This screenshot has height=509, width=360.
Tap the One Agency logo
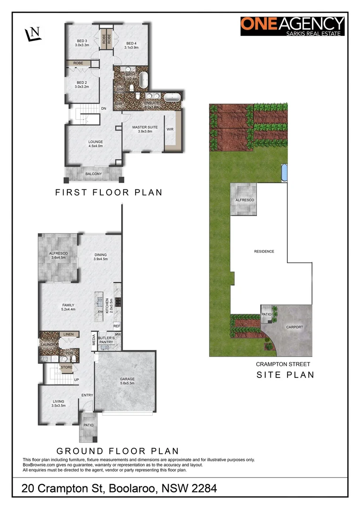pyautogui.click(x=293, y=26)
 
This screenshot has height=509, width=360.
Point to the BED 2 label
pyautogui.click(x=82, y=84)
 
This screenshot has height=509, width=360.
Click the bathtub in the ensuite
pyautogui.click(x=172, y=98)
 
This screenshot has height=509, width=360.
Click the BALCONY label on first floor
pyautogui.click(x=93, y=174)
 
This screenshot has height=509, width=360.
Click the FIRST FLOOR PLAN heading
pyautogui.click(x=109, y=192)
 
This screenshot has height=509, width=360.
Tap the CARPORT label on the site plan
pyautogui.click(x=295, y=327)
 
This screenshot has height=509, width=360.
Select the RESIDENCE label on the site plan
pyautogui.click(x=264, y=251)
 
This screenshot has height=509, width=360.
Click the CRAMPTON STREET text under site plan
pyautogui.click(x=283, y=364)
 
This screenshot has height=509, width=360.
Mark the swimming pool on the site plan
pyautogui.click(x=284, y=173)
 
